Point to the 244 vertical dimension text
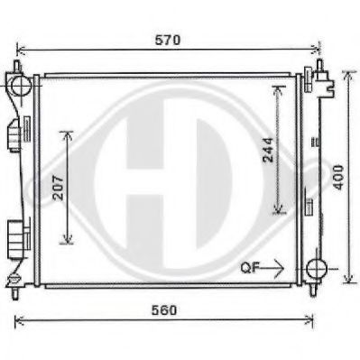tap(269, 150)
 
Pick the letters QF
tap(249, 268)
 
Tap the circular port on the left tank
tap(20, 87)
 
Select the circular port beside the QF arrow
tap(317, 269)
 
